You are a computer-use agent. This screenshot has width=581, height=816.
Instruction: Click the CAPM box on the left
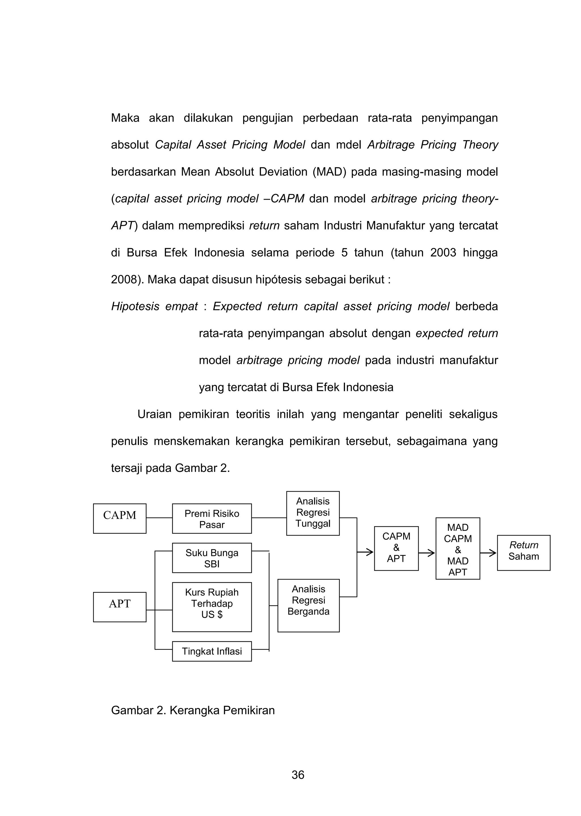119,518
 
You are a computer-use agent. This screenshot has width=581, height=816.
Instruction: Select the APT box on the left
119,607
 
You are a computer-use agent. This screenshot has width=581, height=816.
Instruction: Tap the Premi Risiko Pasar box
212,518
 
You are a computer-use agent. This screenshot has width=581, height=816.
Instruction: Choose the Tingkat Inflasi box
212,651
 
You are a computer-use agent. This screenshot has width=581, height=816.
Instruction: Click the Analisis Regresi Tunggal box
313,513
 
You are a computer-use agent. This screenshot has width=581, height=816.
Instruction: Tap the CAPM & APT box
396,548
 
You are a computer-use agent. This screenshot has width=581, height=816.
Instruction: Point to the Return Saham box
523,553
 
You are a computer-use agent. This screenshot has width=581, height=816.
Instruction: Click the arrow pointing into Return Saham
488,553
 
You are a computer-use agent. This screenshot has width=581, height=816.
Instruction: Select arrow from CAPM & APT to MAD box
427,553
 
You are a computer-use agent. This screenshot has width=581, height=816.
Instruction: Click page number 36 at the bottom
298,775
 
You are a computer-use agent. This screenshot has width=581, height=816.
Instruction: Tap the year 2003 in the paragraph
443,253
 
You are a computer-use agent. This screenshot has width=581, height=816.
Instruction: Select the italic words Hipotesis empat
154,306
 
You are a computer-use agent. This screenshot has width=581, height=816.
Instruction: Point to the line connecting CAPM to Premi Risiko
159,518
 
